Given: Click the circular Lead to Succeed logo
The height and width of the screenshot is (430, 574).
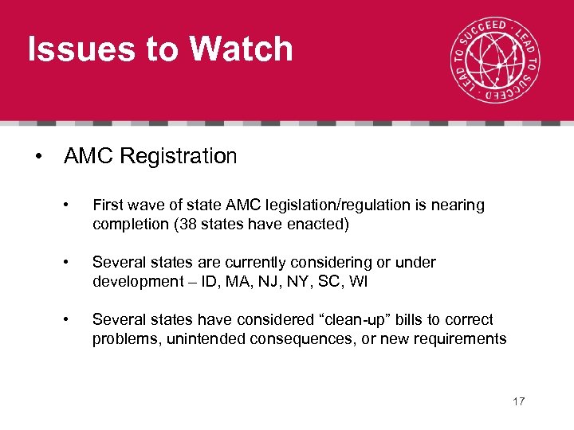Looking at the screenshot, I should point(493,62).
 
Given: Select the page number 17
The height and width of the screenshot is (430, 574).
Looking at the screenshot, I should point(519,401).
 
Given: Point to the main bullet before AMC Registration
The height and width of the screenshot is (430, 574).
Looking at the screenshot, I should point(39,157).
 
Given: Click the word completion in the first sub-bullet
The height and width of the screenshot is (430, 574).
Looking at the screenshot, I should point(128,225).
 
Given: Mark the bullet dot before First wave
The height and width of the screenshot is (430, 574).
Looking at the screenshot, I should point(73,206).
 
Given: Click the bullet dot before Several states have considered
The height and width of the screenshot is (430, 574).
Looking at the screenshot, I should point(73,321).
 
